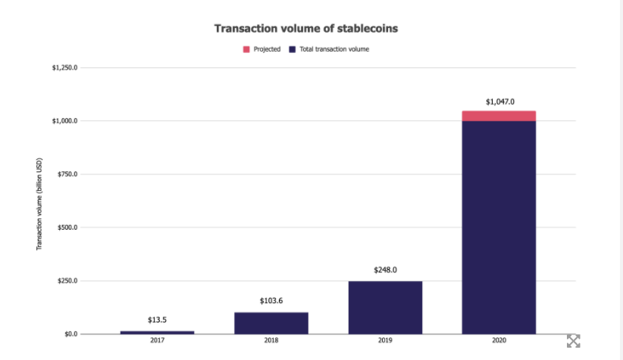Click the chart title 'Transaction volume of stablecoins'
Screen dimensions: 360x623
[x=306, y=29]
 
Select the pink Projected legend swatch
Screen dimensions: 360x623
[x=246, y=49]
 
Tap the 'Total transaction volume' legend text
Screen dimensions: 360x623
[x=334, y=49]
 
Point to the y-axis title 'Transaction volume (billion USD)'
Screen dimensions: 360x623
[x=39, y=204]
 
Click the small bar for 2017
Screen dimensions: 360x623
[x=157, y=332]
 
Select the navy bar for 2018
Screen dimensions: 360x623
[x=271, y=323]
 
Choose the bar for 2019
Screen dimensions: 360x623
[x=385, y=307]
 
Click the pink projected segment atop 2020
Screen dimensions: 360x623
[x=499, y=116]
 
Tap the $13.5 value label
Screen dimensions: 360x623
[x=157, y=320]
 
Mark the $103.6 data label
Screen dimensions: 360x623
[x=271, y=301]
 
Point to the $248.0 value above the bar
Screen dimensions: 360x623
[x=385, y=270]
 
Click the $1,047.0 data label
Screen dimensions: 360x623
[x=499, y=101]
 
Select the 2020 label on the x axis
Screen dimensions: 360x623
[x=499, y=342]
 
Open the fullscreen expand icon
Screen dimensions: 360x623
[x=573, y=341]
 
